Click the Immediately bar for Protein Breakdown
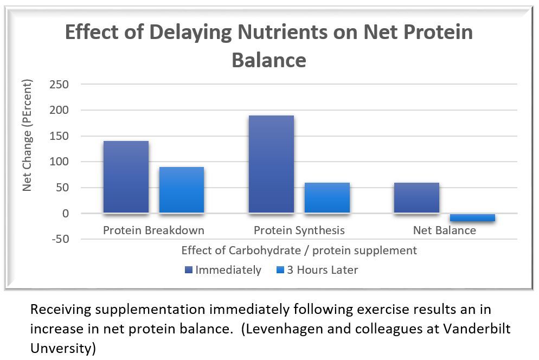126,177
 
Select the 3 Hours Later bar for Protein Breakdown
182,190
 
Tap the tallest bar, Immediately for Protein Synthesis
271,164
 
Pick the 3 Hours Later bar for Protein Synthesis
328,198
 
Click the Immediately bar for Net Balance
416,198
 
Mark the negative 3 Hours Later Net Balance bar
473,217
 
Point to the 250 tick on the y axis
59,84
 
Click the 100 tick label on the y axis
59,162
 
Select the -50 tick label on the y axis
60,239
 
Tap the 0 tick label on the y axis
66,214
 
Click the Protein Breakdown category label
153,230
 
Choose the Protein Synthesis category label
299,230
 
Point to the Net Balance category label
445,230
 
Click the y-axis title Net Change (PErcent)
27,135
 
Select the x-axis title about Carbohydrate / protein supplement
299,250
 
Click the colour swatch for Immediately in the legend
188,270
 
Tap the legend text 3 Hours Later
323,270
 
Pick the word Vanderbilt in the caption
477,329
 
